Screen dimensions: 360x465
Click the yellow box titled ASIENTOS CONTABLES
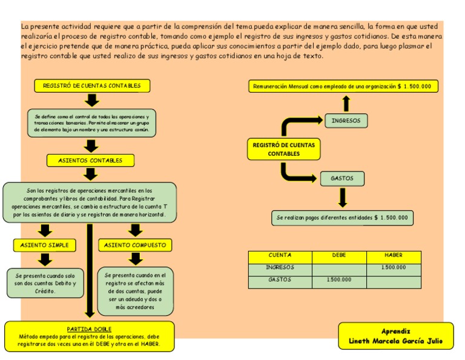pyautogui.click(x=90, y=161)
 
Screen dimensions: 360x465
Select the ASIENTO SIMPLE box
pyautogui.click(x=45, y=245)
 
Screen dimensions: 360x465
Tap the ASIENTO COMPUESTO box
pyautogui.click(x=134, y=245)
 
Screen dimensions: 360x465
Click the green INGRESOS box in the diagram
pyautogui.click(x=346, y=121)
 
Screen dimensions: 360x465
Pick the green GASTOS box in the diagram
pyautogui.click(x=342, y=179)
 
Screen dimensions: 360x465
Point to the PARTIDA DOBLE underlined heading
pyautogui.click(x=89, y=329)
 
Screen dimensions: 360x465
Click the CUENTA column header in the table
pyautogui.click(x=280, y=256)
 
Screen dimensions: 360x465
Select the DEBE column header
pyautogui.click(x=339, y=256)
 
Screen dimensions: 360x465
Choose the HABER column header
pyautogui.click(x=394, y=256)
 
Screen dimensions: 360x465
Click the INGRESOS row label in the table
pyautogui.click(x=280, y=267)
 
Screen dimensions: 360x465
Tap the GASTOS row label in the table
pyautogui.click(x=280, y=280)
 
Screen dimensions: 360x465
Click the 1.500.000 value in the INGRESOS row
pyautogui.click(x=394, y=267)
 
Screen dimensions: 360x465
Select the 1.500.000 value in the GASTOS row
pyautogui.click(x=339, y=280)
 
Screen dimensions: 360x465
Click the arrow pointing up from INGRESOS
pyautogui.click(x=346, y=102)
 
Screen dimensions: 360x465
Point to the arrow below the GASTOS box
pyautogui.click(x=343, y=198)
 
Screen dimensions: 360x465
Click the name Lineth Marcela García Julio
pyautogui.click(x=396, y=341)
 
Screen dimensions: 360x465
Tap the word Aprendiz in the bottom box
pyautogui.click(x=396, y=331)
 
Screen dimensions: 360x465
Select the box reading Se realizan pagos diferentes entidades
pyautogui.click(x=343, y=218)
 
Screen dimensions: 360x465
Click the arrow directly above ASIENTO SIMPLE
pyautogui.click(x=45, y=230)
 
